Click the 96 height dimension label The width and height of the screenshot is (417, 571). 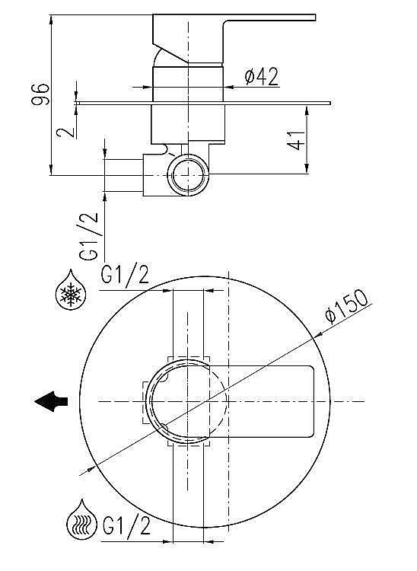pyautogui.click(x=40, y=94)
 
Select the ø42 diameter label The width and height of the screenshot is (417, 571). pyautogui.click(x=262, y=76)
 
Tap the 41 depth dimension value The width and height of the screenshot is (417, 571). pyautogui.click(x=296, y=140)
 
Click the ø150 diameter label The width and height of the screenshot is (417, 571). pyautogui.click(x=347, y=306)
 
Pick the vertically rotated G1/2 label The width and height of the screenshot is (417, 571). pyautogui.click(x=89, y=236)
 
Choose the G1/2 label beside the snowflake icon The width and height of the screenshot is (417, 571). pyautogui.click(x=125, y=274)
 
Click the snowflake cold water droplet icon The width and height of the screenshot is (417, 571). pyautogui.click(x=71, y=290)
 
